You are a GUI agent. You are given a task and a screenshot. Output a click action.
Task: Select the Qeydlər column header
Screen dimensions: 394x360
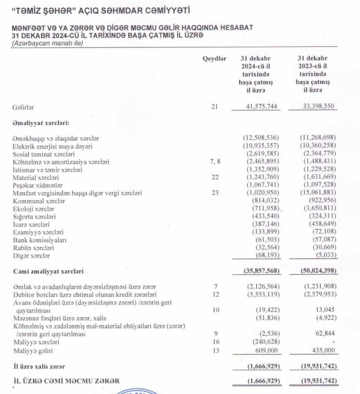point(214,59)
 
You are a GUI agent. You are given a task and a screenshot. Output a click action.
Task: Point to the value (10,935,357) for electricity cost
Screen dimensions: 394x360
point(261,146)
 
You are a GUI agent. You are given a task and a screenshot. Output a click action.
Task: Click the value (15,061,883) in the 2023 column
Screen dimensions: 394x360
point(317,194)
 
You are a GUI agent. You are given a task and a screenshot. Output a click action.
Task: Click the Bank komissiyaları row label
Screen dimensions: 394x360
point(40,240)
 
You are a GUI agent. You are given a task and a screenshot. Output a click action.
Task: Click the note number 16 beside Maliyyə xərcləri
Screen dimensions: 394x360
point(214,342)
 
